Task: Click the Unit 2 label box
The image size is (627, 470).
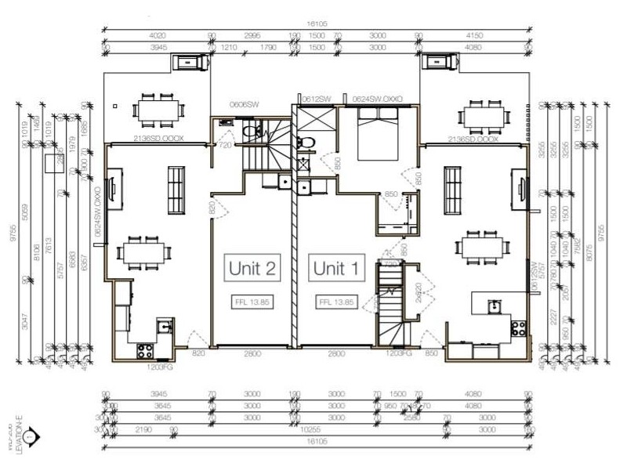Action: click(252, 269)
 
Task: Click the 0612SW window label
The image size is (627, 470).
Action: click(316, 99)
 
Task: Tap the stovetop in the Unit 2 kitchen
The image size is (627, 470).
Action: click(147, 350)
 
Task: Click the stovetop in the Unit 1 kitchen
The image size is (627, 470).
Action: click(518, 327)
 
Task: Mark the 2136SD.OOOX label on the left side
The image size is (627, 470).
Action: click(158, 139)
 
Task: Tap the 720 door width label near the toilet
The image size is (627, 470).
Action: click(224, 146)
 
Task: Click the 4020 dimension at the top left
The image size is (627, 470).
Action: click(158, 35)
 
